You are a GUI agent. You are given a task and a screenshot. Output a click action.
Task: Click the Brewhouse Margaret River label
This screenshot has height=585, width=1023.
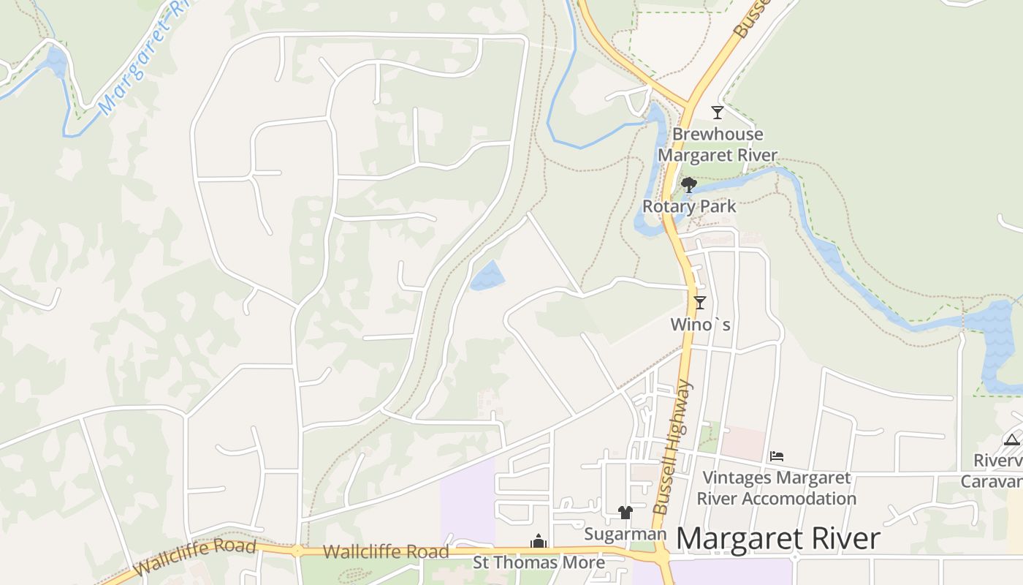pyautogui.click(x=718, y=145)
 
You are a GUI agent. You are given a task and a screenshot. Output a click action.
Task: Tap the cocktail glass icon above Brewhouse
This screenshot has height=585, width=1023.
pyautogui.click(x=717, y=113)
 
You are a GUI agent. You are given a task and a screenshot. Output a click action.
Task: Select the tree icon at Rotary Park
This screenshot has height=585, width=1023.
pyautogui.click(x=688, y=184)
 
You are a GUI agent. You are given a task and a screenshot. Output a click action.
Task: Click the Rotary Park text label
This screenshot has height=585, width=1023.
pyautogui.click(x=689, y=206)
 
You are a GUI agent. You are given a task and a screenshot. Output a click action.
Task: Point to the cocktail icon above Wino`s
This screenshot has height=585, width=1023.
pyautogui.click(x=699, y=302)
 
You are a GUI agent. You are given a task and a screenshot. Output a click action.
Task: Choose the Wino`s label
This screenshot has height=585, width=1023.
pyautogui.click(x=700, y=323)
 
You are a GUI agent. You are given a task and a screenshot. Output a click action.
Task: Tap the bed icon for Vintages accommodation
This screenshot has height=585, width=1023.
pyautogui.click(x=776, y=456)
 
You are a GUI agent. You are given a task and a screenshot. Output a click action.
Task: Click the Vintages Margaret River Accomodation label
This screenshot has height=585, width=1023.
pyautogui.click(x=776, y=488)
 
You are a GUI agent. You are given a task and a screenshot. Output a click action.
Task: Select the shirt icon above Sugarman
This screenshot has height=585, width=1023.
pyautogui.click(x=625, y=512)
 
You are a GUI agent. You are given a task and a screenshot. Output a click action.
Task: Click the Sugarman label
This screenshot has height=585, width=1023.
pyautogui.click(x=625, y=535)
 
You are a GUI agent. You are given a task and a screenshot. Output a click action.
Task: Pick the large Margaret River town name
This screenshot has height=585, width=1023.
pyautogui.click(x=777, y=539)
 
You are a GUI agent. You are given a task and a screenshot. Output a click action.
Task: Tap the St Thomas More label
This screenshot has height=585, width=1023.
pyautogui.click(x=539, y=562)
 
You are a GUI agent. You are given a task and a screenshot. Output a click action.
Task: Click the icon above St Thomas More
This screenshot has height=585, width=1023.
pyautogui.click(x=539, y=541)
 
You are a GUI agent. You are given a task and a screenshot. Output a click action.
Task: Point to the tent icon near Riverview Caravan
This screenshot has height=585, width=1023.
pyautogui.click(x=1011, y=439)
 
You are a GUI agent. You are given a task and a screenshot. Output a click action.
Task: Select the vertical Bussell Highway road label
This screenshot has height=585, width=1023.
pyautogui.click(x=672, y=448)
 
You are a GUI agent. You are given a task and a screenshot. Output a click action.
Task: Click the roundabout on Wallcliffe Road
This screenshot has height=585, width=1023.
pyautogui.click(x=297, y=551)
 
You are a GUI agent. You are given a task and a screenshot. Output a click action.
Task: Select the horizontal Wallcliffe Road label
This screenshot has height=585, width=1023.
pyautogui.click(x=386, y=551)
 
